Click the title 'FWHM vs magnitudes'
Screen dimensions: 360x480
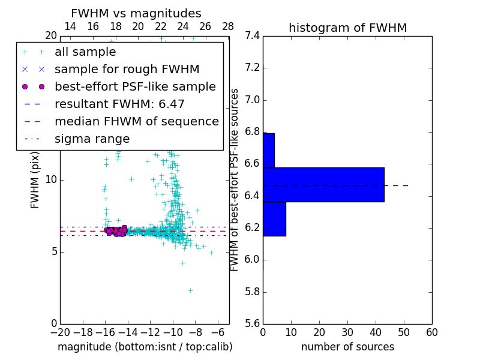tap(136, 13)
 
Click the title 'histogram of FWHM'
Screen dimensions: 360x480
tap(347, 28)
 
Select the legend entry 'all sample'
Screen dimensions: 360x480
tap(85, 52)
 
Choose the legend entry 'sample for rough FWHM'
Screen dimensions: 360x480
tap(127, 70)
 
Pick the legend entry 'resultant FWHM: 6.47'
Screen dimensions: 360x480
tap(119, 104)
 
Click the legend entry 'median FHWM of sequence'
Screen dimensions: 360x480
tap(136, 122)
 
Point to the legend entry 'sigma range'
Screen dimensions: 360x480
tap(92, 139)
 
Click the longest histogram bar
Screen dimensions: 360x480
tap(323, 184)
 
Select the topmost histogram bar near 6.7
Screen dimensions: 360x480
tap(269, 150)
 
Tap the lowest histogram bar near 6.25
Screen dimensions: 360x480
tap(274, 218)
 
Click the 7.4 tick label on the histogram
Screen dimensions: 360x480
tap(252, 36)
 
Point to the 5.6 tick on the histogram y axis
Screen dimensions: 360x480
tap(252, 324)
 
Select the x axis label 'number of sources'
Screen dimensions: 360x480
tap(347, 347)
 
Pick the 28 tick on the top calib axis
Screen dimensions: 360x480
tap(228, 26)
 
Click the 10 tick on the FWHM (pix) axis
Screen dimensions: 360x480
tap(52, 179)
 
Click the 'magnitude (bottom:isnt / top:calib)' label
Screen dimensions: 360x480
tap(145, 347)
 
